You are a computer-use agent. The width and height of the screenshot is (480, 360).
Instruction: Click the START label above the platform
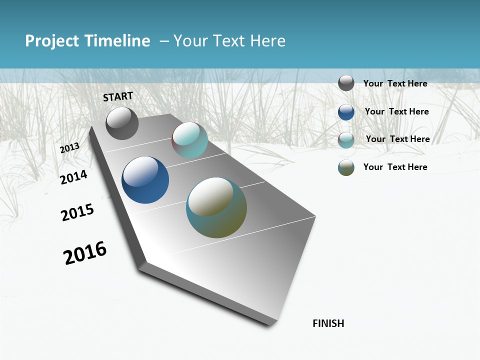[118, 96]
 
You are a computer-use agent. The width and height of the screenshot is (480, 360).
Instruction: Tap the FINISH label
[328, 323]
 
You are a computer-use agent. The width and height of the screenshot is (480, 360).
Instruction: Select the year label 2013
[70, 147]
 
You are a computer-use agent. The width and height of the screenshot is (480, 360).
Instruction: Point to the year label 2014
[73, 177]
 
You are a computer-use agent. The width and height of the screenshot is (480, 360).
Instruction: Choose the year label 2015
[77, 212]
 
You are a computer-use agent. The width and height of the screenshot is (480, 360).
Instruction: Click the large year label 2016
[85, 252]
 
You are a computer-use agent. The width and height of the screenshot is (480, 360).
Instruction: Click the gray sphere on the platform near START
[122, 123]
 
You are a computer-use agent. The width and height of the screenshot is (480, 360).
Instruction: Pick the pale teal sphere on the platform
[189, 140]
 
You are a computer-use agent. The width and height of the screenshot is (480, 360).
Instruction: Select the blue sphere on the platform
[145, 180]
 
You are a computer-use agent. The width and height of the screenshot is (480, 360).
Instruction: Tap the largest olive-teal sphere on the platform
[216, 207]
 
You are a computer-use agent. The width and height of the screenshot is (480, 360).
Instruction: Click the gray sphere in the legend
[346, 83]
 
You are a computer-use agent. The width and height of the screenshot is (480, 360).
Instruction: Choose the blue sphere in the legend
[346, 112]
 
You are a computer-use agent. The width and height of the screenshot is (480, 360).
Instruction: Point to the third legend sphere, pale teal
[346, 140]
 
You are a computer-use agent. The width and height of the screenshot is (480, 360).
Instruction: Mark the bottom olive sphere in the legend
[346, 167]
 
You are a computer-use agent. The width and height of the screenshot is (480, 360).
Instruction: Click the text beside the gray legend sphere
[395, 83]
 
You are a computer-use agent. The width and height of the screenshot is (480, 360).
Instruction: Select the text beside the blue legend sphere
[396, 111]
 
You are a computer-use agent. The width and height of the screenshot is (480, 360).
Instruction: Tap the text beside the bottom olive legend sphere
[395, 167]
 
